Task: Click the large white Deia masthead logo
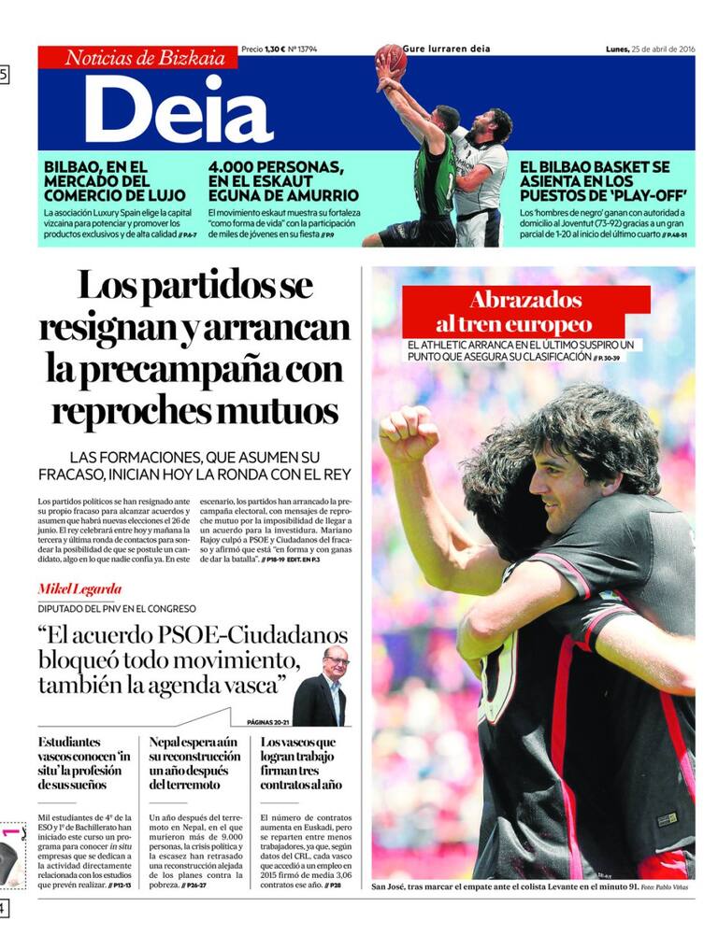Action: pos(178,107)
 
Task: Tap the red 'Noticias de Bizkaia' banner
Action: pos(137,58)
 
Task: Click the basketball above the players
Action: pos(392,58)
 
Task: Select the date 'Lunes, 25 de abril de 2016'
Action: pos(649,49)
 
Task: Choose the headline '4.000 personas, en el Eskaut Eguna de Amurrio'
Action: pos(282,181)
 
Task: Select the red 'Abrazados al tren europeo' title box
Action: pos(525,312)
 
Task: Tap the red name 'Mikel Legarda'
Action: pos(79,589)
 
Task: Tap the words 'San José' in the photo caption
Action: pos(390,886)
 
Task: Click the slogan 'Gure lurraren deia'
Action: pos(447,49)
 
